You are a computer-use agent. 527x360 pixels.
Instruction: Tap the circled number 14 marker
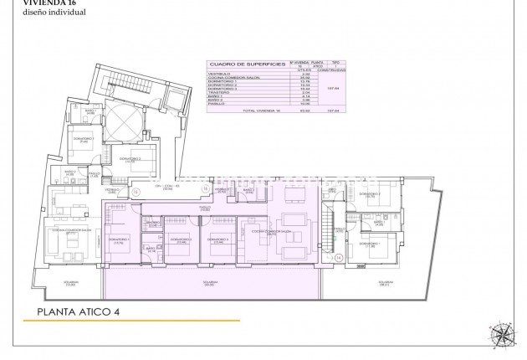(339, 258)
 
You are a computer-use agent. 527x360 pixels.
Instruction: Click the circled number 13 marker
(135, 192)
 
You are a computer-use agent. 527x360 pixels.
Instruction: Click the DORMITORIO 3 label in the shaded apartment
(220, 239)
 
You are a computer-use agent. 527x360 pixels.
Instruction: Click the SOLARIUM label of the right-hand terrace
(385, 283)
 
